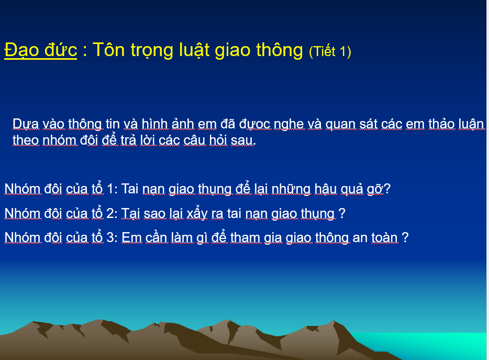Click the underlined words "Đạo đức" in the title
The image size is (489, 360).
coord(40,50)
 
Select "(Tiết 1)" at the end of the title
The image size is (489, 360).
coord(330,51)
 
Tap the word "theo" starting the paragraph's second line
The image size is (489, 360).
coord(26,140)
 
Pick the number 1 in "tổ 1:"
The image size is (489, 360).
coord(110,189)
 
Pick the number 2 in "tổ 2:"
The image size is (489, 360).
coord(110,214)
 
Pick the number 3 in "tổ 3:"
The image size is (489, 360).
coord(110,237)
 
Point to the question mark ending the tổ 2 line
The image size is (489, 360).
coord(342,214)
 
